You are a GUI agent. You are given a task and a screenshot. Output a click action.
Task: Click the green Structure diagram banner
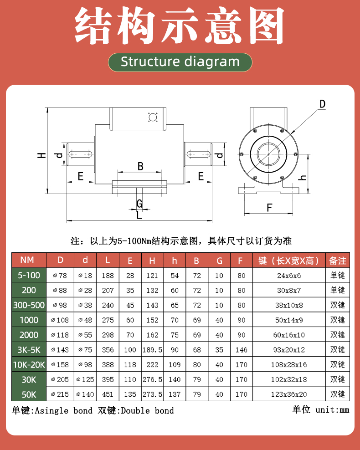coord(180,62)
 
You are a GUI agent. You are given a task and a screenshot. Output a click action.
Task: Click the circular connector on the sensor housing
coord(152,118)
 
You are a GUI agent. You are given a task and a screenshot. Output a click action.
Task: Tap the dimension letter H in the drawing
coord(41,155)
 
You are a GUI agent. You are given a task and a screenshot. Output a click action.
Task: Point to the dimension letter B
coord(140,166)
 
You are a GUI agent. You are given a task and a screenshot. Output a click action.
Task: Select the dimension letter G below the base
coord(139,203)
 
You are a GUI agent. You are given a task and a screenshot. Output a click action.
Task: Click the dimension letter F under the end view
coord(269,208)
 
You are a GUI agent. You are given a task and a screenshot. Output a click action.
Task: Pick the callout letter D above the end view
coord(322,104)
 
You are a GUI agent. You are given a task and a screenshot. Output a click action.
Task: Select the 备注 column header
coord(338,261)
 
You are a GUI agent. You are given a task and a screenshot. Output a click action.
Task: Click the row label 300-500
coord(29,305)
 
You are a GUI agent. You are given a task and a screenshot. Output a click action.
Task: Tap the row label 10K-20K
coord(29,364)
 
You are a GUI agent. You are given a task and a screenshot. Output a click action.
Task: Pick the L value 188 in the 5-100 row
coord(108,275)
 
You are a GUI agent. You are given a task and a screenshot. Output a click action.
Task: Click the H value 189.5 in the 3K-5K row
coord(152,350)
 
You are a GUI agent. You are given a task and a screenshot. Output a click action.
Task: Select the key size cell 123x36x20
coord(289,394)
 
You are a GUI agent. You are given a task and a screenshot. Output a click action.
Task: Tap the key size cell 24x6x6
coord(289,275)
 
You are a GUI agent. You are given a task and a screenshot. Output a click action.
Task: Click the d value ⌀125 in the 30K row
coord(85,379)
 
